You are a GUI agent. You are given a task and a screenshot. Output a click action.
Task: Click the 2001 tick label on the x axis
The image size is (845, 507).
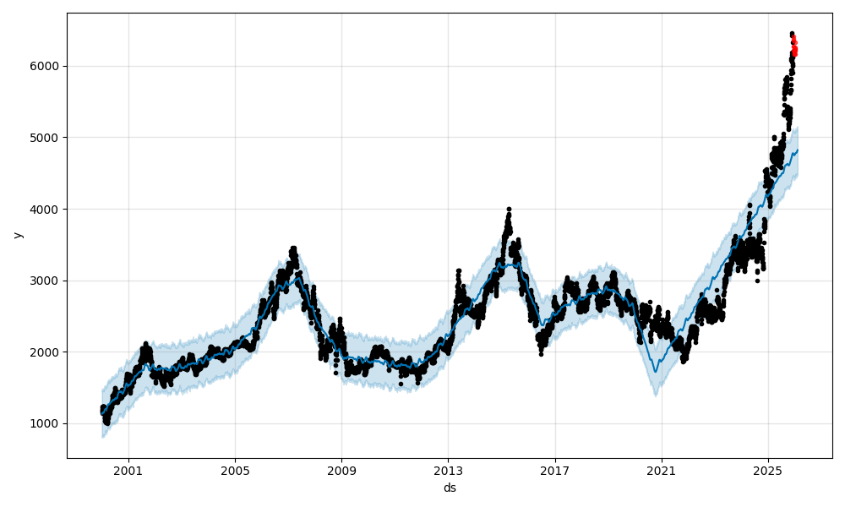pyautogui.click(x=128, y=470)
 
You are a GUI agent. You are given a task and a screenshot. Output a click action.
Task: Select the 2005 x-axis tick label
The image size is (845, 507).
pyautogui.click(x=235, y=470)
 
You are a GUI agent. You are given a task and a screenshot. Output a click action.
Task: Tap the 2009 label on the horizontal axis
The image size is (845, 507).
pyautogui.click(x=341, y=470)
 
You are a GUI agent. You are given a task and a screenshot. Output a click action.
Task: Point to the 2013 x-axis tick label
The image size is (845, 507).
pyautogui.click(x=448, y=470)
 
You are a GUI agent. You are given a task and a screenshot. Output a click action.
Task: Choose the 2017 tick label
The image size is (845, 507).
pyautogui.click(x=554, y=470)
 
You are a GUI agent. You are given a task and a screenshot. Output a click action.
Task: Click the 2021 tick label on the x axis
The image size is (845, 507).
pyautogui.click(x=661, y=470)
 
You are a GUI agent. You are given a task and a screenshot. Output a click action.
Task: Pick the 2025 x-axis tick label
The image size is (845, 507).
pyautogui.click(x=767, y=470)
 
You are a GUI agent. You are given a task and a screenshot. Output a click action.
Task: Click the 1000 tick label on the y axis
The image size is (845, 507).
pyautogui.click(x=46, y=423)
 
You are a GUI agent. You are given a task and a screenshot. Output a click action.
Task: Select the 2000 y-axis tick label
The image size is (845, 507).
pyautogui.click(x=46, y=352)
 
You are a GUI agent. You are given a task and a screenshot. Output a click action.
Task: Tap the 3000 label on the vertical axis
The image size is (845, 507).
pyautogui.click(x=46, y=281)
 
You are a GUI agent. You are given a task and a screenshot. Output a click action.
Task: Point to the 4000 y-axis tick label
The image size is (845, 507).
pyautogui.click(x=46, y=209)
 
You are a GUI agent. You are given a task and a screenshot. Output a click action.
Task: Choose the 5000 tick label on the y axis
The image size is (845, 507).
pyautogui.click(x=46, y=137)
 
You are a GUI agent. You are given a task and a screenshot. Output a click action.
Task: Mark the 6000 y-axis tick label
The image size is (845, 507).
pyautogui.click(x=46, y=66)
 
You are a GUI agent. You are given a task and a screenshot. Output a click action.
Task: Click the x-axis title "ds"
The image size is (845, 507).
pyautogui.click(x=450, y=488)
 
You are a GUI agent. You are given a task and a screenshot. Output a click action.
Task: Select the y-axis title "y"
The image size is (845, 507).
pyautogui.click(x=16, y=235)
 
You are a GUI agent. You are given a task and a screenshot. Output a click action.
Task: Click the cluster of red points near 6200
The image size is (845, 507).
pyautogui.click(x=793, y=48)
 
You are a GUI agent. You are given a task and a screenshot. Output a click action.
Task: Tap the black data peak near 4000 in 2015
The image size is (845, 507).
pyautogui.click(x=509, y=209)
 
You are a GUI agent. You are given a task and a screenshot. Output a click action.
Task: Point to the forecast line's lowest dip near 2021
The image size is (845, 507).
pyautogui.click(x=655, y=372)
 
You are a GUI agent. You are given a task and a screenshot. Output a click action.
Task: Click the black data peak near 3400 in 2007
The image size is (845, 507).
pyautogui.click(x=293, y=249)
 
